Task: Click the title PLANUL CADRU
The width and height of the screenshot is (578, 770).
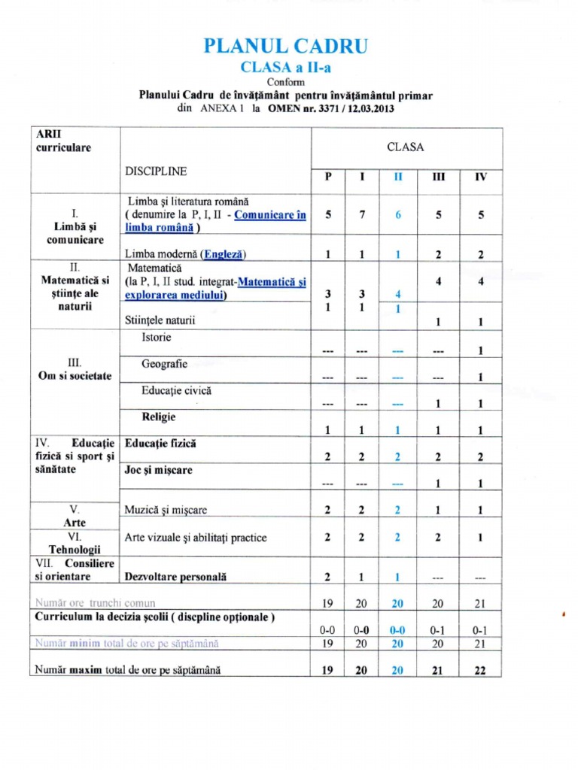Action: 286,47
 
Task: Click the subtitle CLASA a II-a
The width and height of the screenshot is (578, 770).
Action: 286,67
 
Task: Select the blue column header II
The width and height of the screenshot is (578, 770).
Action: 399,177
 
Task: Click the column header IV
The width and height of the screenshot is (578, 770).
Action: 480,177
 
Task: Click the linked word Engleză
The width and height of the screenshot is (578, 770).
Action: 223,253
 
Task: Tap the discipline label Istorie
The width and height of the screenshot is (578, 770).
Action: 157,337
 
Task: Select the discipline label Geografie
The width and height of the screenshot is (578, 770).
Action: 164,364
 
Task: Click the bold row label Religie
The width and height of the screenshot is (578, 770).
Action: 159,416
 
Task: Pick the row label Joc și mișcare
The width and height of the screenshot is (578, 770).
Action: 158,470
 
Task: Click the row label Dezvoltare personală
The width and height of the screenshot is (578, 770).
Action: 176,577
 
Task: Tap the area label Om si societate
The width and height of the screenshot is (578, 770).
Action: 75,376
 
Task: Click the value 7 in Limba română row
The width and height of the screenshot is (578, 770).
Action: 362,214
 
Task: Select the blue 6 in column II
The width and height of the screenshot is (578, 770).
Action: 399,214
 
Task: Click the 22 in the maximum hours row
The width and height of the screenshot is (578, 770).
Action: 480,671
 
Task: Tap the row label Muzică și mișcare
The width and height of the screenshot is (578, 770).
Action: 166,510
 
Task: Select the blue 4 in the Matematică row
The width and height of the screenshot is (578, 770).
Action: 399,293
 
